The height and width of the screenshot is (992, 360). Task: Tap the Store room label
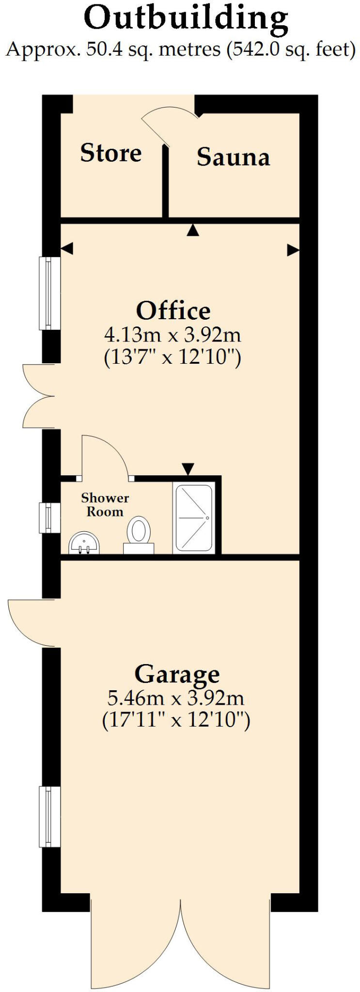coord(111,153)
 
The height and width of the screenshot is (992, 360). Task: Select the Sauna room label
coord(233,157)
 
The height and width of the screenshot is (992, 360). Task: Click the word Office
coord(173,310)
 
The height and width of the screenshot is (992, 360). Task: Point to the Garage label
coord(177,674)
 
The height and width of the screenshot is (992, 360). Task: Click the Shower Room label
coord(105,505)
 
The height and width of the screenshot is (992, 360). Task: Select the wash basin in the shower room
coord(84,543)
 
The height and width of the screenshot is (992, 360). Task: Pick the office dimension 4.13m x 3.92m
coord(172,335)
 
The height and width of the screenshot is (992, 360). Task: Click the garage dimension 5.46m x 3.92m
coord(175,698)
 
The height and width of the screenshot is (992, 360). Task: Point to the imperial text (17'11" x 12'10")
coord(176,720)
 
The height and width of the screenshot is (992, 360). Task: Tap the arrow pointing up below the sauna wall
coord(193,230)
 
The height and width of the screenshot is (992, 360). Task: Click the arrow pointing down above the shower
coord(188,468)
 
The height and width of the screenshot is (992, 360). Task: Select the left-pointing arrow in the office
coord(67,249)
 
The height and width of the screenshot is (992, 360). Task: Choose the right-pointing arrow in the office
coord(293,250)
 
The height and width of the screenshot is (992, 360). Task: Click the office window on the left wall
coord(50,293)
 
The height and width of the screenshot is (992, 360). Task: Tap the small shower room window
coord(50,518)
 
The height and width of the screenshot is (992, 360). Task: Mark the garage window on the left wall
coord(50,817)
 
